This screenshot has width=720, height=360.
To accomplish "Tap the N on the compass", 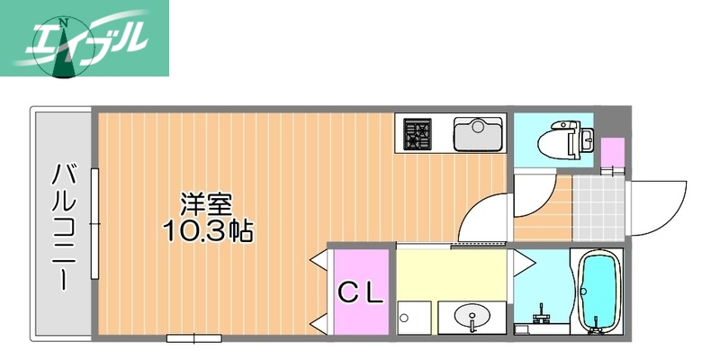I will click(63, 22).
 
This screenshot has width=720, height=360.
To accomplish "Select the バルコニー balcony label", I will click(63, 225).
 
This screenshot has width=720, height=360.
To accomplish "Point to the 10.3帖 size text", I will click(208, 230).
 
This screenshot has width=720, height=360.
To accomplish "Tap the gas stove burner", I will click(417, 134).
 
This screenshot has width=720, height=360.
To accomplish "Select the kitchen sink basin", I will click(476, 135).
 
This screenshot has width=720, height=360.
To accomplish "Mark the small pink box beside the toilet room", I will click(612, 152).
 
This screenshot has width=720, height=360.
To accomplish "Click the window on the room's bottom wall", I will click(193, 337).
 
